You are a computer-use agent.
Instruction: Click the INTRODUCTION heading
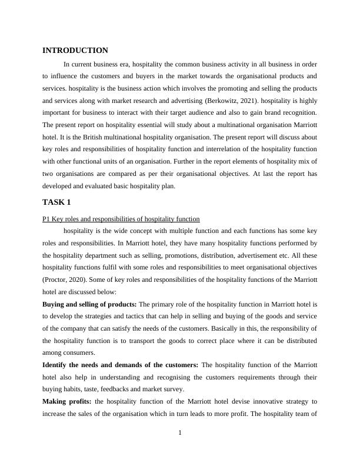click(75, 51)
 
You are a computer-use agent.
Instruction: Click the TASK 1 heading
click(56, 202)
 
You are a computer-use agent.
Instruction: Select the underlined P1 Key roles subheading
click(121, 218)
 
